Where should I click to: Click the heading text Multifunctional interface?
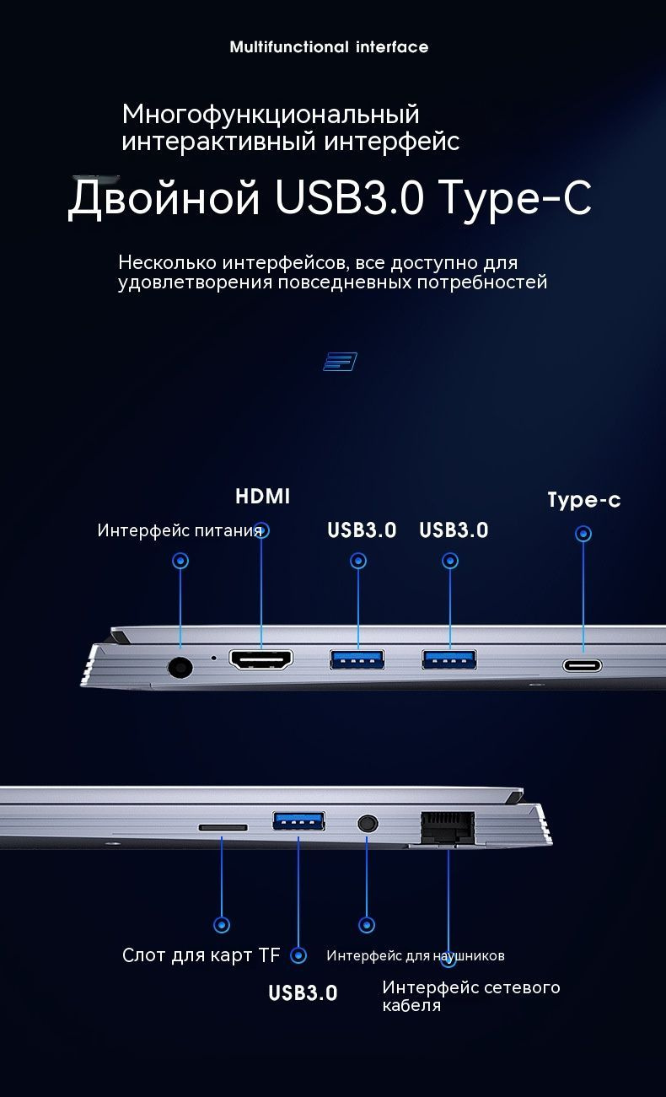(329, 47)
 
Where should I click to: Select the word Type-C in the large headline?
(515, 198)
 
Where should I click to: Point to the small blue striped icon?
(340, 362)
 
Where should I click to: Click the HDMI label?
(262, 497)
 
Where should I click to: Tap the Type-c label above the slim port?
(584, 500)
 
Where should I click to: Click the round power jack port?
(180, 667)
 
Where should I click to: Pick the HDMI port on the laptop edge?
(261, 659)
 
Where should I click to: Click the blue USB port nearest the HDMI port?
(357, 659)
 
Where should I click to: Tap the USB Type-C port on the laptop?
(583, 665)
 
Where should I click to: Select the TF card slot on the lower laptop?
(223, 827)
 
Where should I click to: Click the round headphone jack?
(367, 823)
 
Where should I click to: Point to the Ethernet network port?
(448, 826)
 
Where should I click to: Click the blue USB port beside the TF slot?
(298, 820)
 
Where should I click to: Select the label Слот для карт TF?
(201, 955)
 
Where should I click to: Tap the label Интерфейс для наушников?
(416, 955)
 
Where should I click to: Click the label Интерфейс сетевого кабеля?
(470, 996)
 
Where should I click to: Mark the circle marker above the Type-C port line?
(583, 534)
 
